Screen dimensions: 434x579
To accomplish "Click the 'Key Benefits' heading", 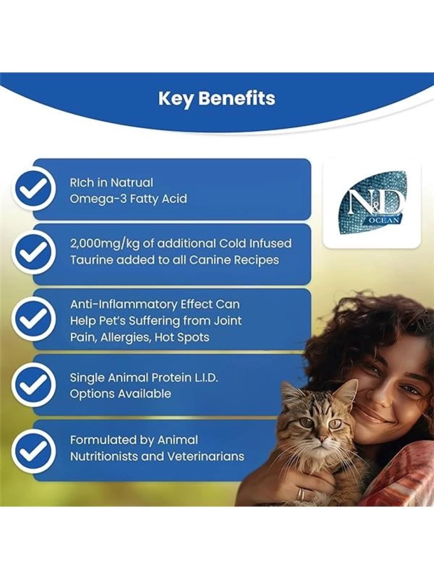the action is coord(217,99).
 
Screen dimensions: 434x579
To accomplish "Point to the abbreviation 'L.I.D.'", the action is coord(206,378).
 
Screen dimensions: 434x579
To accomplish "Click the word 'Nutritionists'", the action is coord(104,456).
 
